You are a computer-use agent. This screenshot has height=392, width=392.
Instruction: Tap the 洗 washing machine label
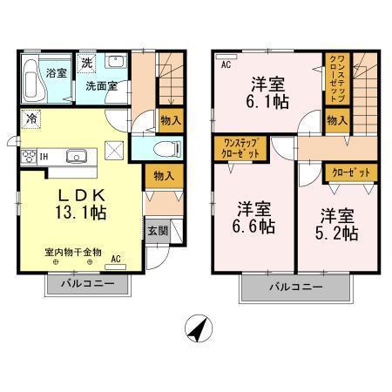point(86,63)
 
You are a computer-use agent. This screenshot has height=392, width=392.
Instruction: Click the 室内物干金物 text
point(73,252)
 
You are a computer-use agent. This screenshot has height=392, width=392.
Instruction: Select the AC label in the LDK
point(116,260)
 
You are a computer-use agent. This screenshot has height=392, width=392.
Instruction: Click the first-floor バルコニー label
point(84,284)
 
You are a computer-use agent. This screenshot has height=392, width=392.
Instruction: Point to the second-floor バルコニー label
point(295,287)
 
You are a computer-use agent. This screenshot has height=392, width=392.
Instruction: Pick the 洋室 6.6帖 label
point(255,219)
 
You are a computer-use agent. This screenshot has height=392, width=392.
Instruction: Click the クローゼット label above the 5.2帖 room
point(349,173)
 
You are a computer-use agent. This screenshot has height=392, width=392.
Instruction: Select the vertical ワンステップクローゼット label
point(338,79)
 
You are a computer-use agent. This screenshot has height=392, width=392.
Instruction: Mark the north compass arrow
point(199,331)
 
